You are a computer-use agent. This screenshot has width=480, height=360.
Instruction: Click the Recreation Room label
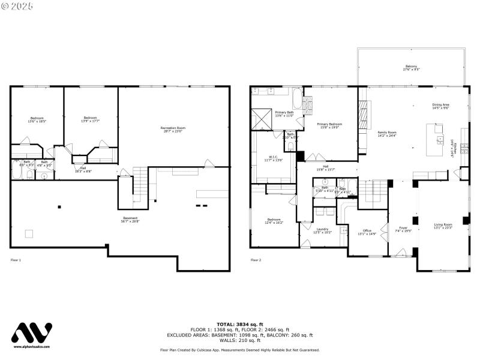point(173,129)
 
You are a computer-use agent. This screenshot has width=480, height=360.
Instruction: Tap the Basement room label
point(131,219)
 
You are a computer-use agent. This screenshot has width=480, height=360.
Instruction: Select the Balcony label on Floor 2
point(411,68)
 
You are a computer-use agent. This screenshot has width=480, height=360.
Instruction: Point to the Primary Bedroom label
point(329,125)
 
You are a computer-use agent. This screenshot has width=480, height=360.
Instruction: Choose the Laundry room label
point(322,230)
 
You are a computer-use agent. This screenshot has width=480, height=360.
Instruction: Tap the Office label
point(367,232)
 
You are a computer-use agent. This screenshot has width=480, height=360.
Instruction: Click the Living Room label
point(443,226)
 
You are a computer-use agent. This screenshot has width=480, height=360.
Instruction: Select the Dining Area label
point(441,106)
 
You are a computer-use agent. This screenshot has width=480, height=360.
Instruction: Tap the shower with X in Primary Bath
point(262,118)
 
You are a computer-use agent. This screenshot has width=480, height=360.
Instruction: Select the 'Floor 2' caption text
point(256,260)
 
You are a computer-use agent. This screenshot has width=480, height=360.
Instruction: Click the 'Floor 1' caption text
point(16,260)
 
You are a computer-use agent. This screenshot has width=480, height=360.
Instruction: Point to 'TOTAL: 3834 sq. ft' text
point(239,324)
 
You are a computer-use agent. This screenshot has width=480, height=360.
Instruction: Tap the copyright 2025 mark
point(18,5)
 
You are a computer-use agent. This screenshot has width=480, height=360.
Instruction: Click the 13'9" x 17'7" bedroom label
point(91,119)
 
